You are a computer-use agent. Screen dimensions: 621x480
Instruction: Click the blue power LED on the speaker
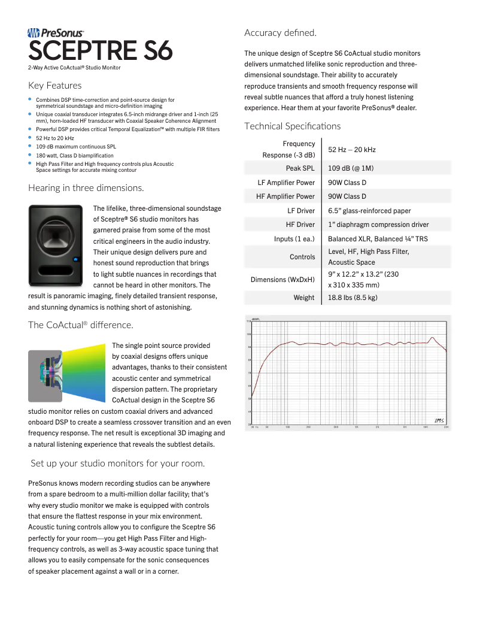(76, 259)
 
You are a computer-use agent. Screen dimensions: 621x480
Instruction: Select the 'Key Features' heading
(54, 86)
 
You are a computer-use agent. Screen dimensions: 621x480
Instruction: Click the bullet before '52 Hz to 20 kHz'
(31, 138)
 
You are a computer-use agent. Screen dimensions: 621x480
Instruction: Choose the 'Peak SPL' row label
(300, 168)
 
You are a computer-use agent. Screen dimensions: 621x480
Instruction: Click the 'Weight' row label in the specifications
(303, 298)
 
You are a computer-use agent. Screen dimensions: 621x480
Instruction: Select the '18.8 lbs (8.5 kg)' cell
(353, 298)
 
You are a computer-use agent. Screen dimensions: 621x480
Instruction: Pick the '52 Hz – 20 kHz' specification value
(352, 149)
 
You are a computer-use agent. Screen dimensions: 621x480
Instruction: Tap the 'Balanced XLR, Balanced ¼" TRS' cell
(378, 239)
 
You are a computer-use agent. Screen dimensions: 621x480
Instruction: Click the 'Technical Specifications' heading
(292, 126)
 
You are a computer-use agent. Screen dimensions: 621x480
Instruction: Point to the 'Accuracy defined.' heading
(280, 32)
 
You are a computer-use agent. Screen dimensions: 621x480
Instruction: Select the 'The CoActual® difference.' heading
(80, 325)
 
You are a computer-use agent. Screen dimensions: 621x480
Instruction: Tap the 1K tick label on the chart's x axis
(356, 428)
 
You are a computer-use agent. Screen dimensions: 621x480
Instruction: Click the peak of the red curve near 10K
(433, 338)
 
